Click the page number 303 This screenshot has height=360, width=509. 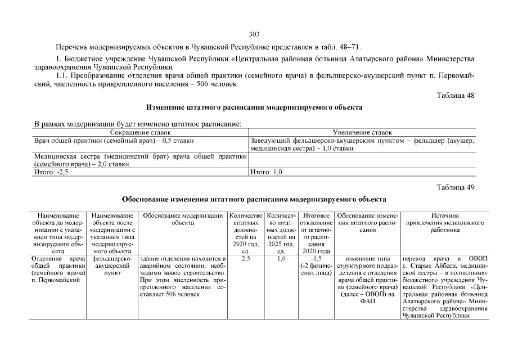click(x=254, y=34)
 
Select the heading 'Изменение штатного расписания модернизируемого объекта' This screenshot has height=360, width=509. click(x=254, y=107)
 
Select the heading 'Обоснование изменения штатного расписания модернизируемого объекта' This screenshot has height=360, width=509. click(x=254, y=199)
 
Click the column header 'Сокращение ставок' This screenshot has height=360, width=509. click(x=141, y=132)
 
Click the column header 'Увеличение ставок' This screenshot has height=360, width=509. click(x=362, y=132)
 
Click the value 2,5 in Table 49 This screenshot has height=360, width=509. click(x=245, y=259)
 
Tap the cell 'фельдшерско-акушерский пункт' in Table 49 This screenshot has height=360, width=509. click(x=112, y=266)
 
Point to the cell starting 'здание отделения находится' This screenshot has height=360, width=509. click(x=183, y=276)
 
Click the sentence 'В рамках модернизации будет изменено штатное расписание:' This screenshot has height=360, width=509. click(x=138, y=124)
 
